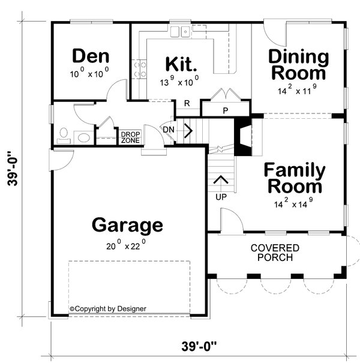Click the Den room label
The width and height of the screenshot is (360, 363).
tap(91, 56)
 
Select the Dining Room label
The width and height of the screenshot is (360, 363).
tap(298, 65)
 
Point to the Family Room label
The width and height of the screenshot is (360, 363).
tap(295, 178)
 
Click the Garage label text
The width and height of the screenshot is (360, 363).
tap(127, 226)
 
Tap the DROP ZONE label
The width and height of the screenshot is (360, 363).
tap(130, 137)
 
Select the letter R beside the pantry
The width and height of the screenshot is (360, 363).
tap(187, 103)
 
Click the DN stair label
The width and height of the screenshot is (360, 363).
tap(169, 129)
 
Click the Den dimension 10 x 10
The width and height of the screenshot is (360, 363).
tap(90, 74)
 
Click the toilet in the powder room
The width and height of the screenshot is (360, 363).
tap(64, 133)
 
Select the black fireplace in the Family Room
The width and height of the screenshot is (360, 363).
tap(242, 137)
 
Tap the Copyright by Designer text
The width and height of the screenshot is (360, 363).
tap(108, 309)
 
